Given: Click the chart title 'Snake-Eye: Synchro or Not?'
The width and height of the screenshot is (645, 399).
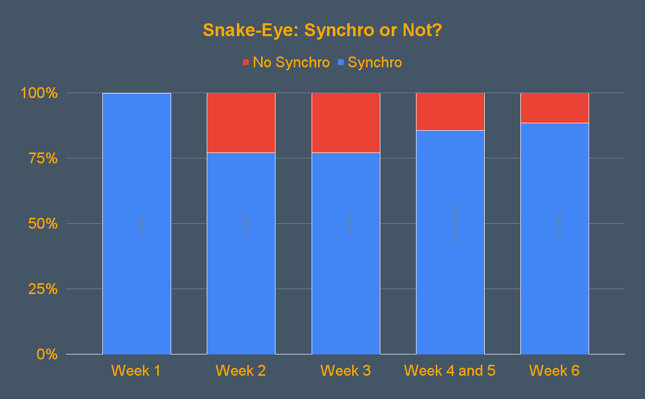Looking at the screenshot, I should tap(322, 30).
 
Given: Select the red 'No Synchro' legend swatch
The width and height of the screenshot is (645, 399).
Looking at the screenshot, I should tap(246, 62).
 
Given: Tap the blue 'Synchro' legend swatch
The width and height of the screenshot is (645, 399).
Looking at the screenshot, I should tap(341, 62).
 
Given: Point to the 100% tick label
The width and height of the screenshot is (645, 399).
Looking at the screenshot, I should tap(39, 93).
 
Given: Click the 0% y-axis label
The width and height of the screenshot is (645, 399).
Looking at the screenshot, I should tap(46, 354).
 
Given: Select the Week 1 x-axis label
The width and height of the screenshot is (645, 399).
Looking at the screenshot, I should tap(136, 370).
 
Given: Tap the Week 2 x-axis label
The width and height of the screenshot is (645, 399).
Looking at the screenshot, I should tap(241, 370).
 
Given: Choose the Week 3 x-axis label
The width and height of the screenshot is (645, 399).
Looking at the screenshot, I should tap(345, 370).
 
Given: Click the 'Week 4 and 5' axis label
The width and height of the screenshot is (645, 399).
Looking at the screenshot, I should tap(450, 370).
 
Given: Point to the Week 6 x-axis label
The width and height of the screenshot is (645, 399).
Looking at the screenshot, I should tap(554, 370).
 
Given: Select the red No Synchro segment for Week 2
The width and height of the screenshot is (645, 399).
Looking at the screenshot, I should tap(241, 122).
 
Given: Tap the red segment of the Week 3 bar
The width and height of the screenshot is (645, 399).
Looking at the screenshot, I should tap(346, 122).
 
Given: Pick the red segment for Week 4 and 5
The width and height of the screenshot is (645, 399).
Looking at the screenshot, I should tap(450, 111).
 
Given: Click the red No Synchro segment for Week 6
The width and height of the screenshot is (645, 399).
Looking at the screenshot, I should tap(554, 107).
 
